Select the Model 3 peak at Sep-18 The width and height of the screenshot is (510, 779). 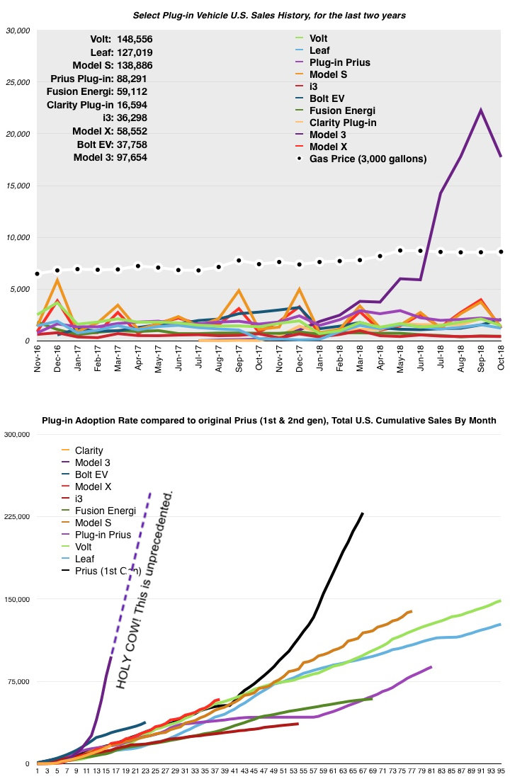point(480,110)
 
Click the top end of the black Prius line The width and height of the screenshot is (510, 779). point(363,513)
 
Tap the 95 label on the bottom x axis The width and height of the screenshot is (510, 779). point(500,771)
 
